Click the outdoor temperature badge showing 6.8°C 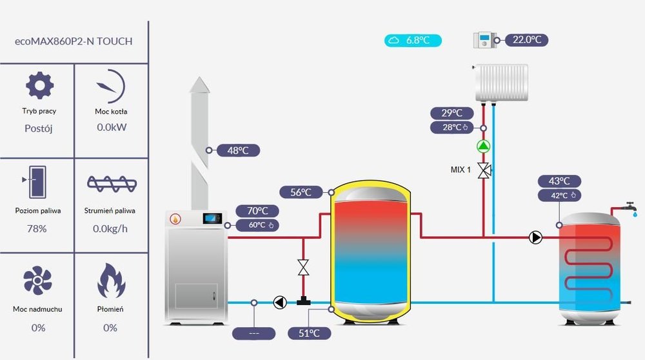tap(413, 41)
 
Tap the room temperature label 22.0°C tap(526, 40)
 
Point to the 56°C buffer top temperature tap(301, 192)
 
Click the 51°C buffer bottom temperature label tap(310, 333)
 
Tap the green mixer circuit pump tap(483, 146)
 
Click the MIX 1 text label tap(461, 170)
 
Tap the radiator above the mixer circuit tap(501, 82)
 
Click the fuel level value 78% tap(37, 228)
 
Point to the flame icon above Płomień tap(110, 281)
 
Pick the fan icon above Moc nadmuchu tap(37, 281)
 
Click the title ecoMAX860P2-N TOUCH tap(74, 41)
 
